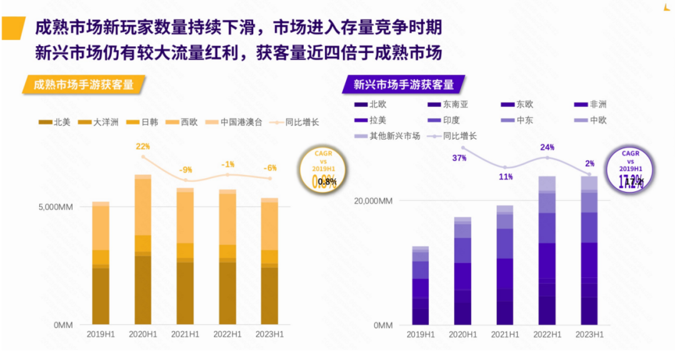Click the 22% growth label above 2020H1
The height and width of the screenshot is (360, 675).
coord(143,147)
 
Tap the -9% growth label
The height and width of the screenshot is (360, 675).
coord(185,169)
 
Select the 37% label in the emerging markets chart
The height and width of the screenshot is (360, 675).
coord(459,158)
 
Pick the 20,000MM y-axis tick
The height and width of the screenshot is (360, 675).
coord(373,201)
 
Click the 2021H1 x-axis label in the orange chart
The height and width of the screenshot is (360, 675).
coord(185,334)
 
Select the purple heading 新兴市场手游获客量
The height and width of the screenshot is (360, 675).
coord(403,84)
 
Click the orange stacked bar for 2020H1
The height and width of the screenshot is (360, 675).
coord(143,250)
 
